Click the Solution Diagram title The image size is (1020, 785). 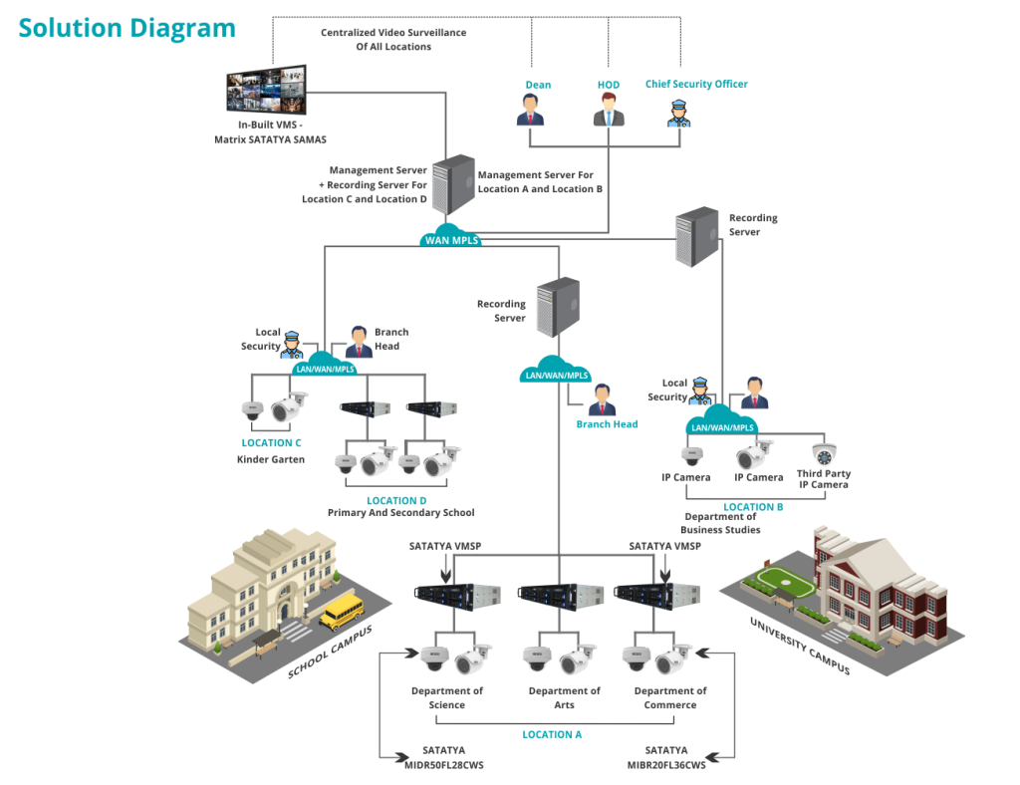pyautogui.click(x=127, y=28)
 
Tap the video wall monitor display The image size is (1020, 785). pyautogui.click(x=266, y=92)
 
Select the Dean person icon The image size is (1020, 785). pyautogui.click(x=531, y=111)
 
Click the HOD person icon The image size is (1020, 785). pyautogui.click(x=608, y=111)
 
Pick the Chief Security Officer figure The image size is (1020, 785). pyautogui.click(x=679, y=112)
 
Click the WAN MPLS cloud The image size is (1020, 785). pyautogui.click(x=452, y=237)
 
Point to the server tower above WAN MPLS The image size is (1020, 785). pyautogui.click(x=453, y=184)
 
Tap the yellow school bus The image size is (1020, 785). pyautogui.click(x=342, y=610)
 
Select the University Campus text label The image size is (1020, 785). pyautogui.click(x=800, y=646)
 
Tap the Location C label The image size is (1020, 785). pyautogui.click(x=271, y=442)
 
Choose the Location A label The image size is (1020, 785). pyautogui.click(x=552, y=733)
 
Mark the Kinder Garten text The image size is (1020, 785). pyautogui.click(x=269, y=459)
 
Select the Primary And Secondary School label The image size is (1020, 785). pyautogui.click(x=401, y=513)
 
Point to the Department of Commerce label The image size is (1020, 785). pyautogui.click(x=670, y=697)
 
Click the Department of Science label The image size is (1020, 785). pyautogui.click(x=447, y=697)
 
